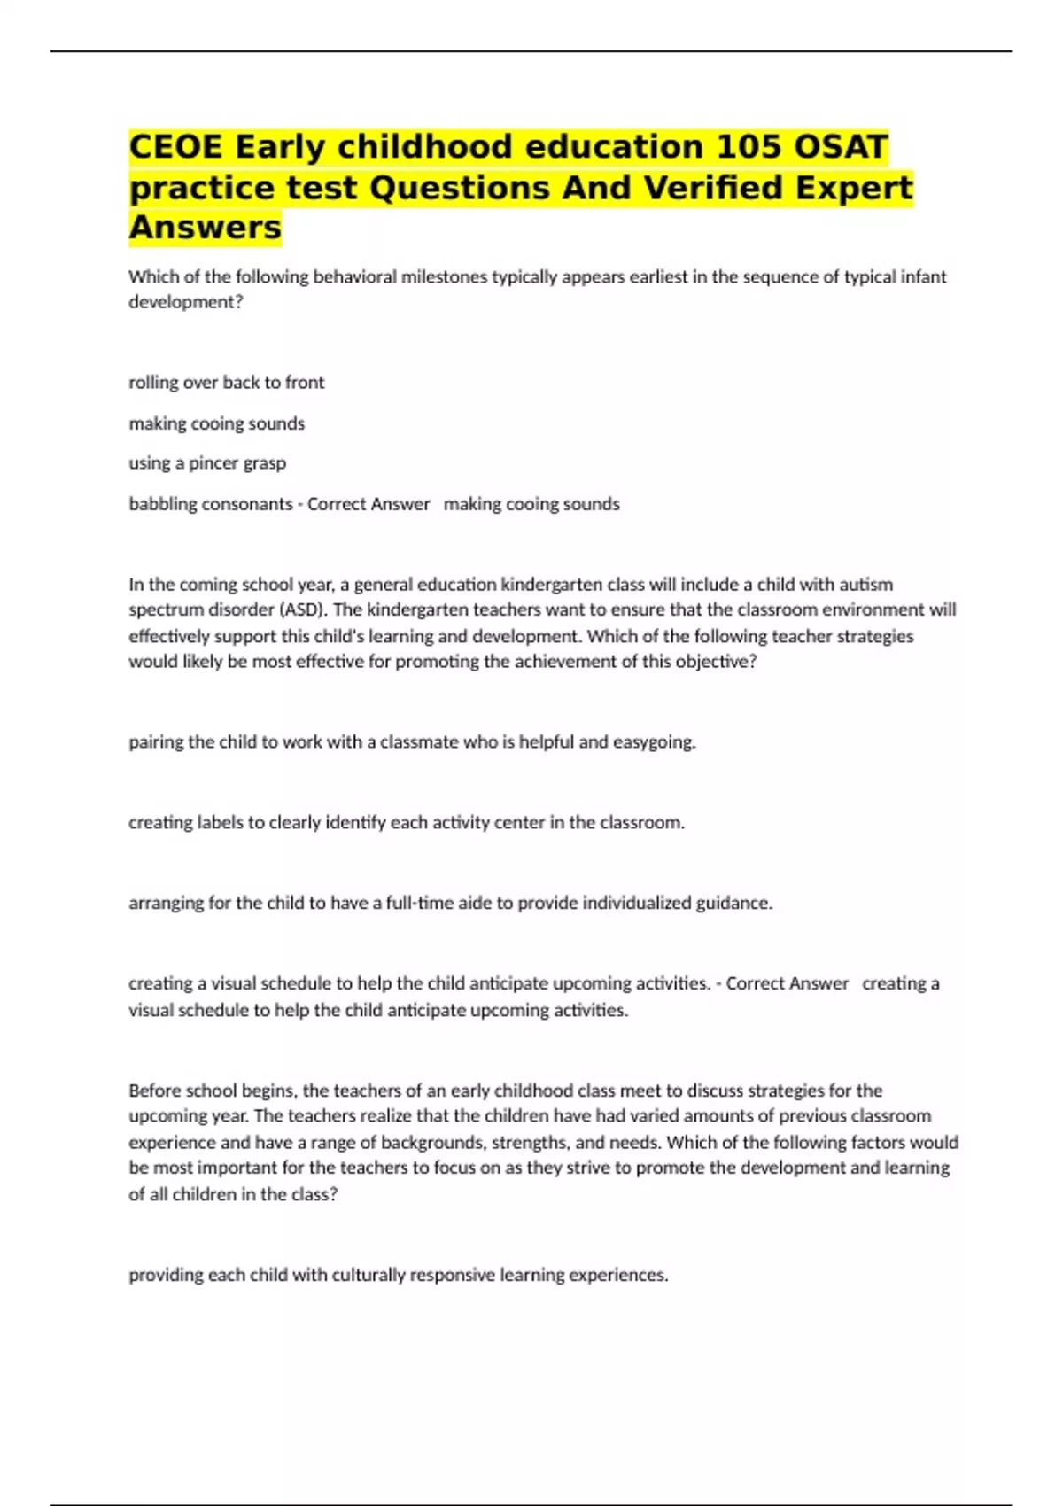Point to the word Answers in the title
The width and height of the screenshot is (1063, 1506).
205,228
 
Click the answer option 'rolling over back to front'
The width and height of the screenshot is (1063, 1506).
227,383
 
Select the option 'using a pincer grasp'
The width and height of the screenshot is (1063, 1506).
207,463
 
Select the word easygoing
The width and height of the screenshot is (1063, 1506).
656,742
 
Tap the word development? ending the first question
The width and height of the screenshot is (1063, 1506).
185,302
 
